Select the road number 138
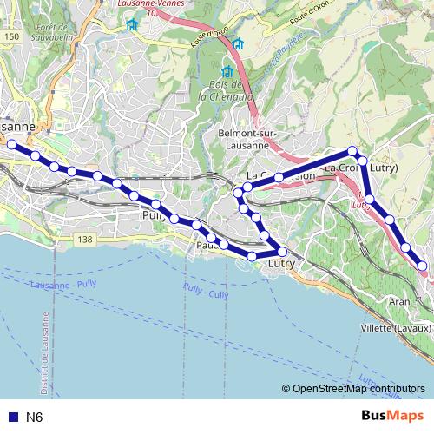click(84, 239)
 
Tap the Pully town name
click(153, 215)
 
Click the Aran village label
click(399, 300)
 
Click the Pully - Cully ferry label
click(206, 290)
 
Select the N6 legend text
click(34, 418)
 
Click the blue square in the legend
click(11, 418)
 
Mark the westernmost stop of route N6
click(12, 145)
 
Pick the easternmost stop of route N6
click(423, 266)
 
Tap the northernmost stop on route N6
click(352, 151)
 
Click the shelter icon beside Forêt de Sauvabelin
click(132, 25)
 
